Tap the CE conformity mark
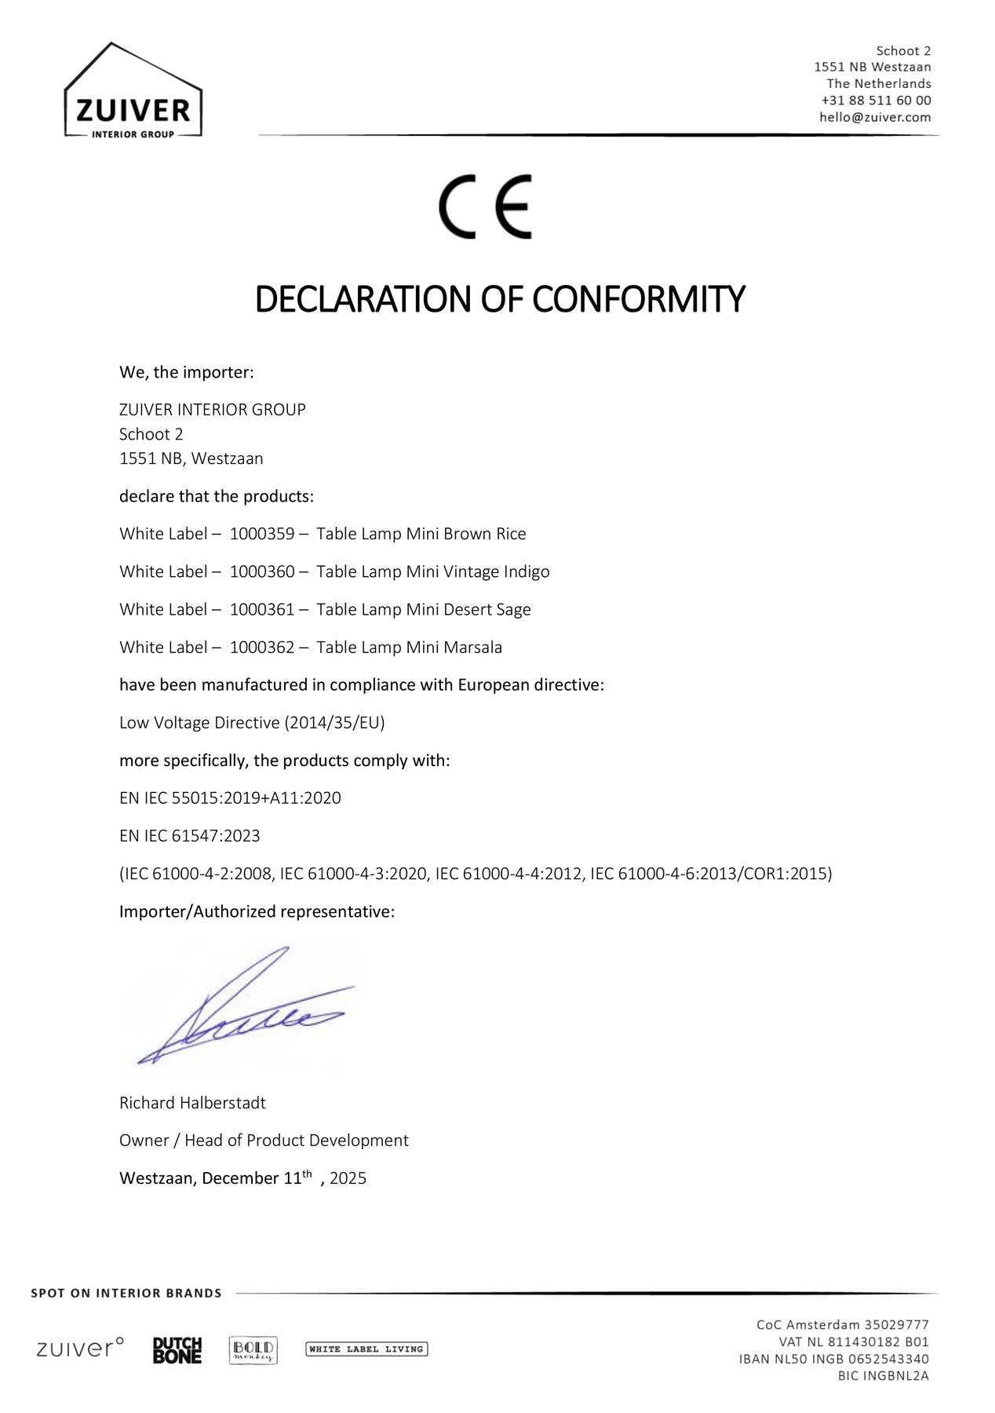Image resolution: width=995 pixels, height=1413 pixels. coord(486,206)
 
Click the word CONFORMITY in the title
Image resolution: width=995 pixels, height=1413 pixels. coord(638,300)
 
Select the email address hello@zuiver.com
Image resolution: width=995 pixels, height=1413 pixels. coord(875,117)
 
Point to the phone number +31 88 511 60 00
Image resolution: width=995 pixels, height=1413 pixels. coord(876,100)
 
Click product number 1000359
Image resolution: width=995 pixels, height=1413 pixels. coord(261,534)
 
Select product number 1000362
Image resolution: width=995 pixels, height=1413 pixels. coord(261,648)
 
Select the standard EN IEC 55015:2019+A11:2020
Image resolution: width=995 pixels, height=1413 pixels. coord(230,798)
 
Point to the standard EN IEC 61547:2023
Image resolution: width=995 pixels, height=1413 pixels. coord(189,836)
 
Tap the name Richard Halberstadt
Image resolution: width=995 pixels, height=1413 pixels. coord(192,1103)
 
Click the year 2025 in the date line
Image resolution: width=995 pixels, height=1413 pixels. coord(348,1178)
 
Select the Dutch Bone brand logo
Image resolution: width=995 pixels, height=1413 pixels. coord(177,1350)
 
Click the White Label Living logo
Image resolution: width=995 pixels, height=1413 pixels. coord(366,1349)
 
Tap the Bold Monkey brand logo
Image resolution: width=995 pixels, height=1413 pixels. coord(253,1350)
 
